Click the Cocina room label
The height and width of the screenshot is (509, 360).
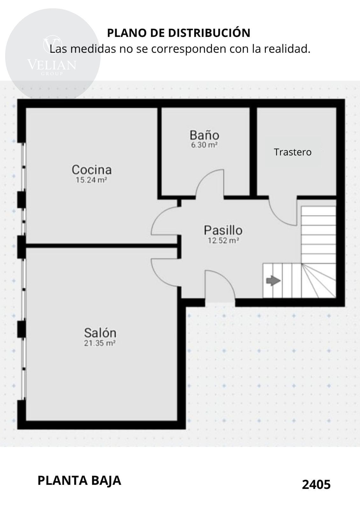click(92, 170)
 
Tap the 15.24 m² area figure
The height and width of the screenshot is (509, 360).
click(91, 180)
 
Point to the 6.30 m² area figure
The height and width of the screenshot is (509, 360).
click(204, 145)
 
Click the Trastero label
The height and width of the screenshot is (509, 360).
click(293, 152)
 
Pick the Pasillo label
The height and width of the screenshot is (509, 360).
click(223, 230)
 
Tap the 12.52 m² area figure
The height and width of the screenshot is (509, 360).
click(223, 241)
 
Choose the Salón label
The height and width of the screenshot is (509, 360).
click(100, 333)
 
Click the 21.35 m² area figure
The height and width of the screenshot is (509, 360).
click(100, 343)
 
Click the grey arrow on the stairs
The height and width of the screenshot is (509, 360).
click(273, 281)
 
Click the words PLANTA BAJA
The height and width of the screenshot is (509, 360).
click(79, 481)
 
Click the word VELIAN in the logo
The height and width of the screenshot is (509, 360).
click(52, 65)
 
